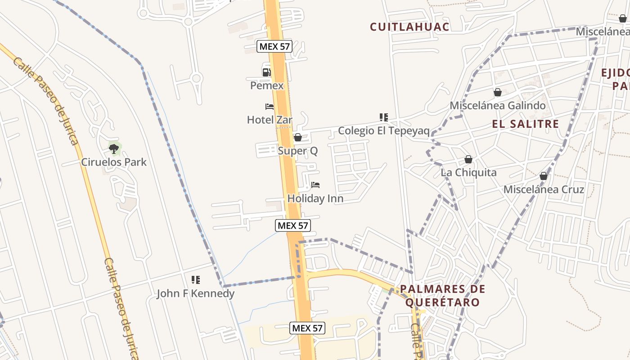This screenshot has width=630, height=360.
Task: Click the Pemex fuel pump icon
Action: point(266,72)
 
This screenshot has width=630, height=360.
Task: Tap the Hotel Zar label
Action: point(270,120)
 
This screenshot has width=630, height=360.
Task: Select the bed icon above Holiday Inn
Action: point(315,185)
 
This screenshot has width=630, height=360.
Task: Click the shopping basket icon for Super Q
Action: point(297,137)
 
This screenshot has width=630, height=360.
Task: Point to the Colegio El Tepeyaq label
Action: point(383,130)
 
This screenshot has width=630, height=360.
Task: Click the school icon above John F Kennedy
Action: point(195,280)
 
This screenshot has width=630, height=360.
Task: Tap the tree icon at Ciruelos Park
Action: point(114,148)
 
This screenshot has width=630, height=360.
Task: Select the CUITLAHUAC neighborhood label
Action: point(409,27)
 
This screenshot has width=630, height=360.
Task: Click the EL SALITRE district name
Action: point(526,124)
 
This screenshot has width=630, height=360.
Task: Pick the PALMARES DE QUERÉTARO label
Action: point(443,295)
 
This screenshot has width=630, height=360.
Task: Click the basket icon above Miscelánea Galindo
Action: point(498,92)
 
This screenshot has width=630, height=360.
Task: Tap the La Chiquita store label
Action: point(468,172)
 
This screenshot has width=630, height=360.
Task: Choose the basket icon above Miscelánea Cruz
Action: point(544,176)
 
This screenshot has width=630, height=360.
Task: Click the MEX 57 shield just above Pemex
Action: point(274,46)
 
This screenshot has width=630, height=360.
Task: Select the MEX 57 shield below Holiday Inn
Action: point(293,225)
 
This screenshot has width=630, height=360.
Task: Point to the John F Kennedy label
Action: point(195,293)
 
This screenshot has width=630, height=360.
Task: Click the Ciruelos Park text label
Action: point(114,162)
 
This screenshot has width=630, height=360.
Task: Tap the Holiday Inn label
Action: point(315,198)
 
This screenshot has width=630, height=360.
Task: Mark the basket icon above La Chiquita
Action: point(468,159)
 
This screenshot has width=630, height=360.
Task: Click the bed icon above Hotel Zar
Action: point(270,107)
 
